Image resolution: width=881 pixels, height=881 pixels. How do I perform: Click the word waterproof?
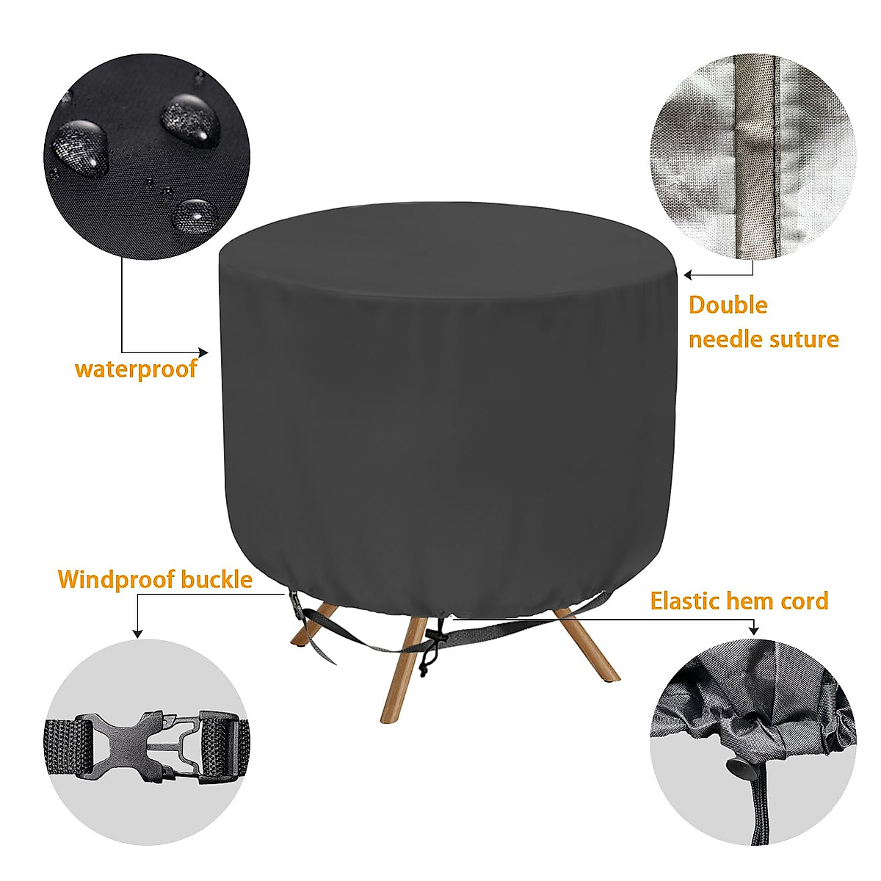pyautogui.click(x=136, y=368)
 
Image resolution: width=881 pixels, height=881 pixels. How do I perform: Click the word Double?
pyautogui.click(x=728, y=305)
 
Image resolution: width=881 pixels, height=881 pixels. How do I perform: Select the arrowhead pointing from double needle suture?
pyautogui.click(x=688, y=276)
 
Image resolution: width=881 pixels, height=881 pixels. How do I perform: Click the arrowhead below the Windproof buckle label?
pyautogui.click(x=135, y=634)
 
